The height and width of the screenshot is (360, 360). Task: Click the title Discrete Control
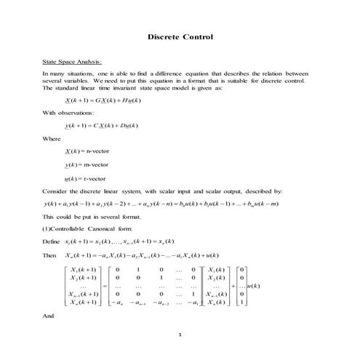180,36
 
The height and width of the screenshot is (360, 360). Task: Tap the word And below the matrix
49,316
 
